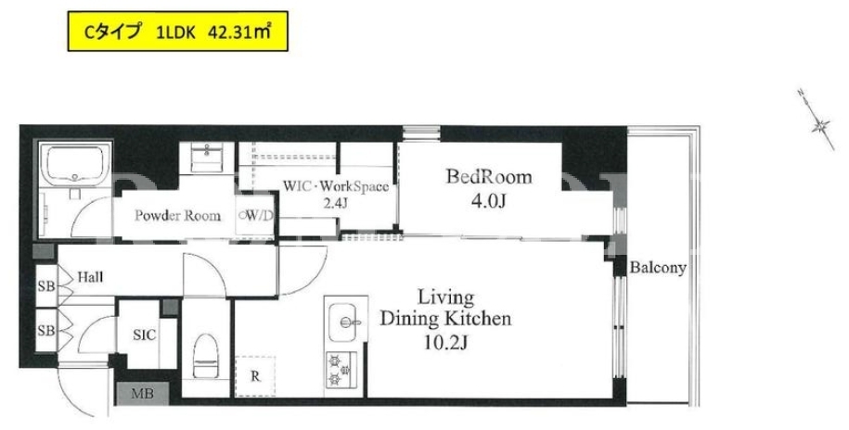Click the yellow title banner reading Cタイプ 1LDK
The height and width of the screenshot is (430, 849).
[177, 32]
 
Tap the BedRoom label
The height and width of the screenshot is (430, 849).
[489, 177]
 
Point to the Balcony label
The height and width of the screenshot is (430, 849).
[657, 267]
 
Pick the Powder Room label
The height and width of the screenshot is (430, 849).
[177, 216]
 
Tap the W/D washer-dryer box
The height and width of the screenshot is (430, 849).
[255, 215]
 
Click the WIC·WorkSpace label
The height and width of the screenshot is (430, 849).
[336, 186]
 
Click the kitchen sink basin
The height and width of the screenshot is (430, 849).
[342, 322]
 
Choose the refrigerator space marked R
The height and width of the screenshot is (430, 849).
[255, 376]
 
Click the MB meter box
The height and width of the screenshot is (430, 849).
[142, 394]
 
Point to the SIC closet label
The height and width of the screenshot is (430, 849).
[144, 335]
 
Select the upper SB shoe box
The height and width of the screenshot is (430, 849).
[46, 285]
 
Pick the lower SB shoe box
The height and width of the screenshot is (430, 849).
[46, 329]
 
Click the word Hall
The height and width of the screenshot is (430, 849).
[90, 277]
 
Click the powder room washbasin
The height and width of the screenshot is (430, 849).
[206, 158]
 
